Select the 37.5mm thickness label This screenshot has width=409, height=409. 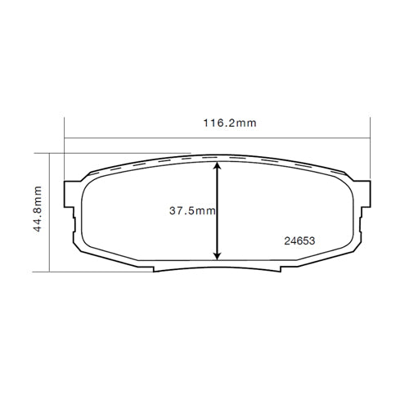(x=192, y=211)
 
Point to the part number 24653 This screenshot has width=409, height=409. (x=299, y=241)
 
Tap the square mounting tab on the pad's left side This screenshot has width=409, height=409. (x=71, y=216)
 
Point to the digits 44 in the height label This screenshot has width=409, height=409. (x=38, y=226)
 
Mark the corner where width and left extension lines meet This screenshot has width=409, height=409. (x=64, y=137)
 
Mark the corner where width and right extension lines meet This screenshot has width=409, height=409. (x=370, y=137)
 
